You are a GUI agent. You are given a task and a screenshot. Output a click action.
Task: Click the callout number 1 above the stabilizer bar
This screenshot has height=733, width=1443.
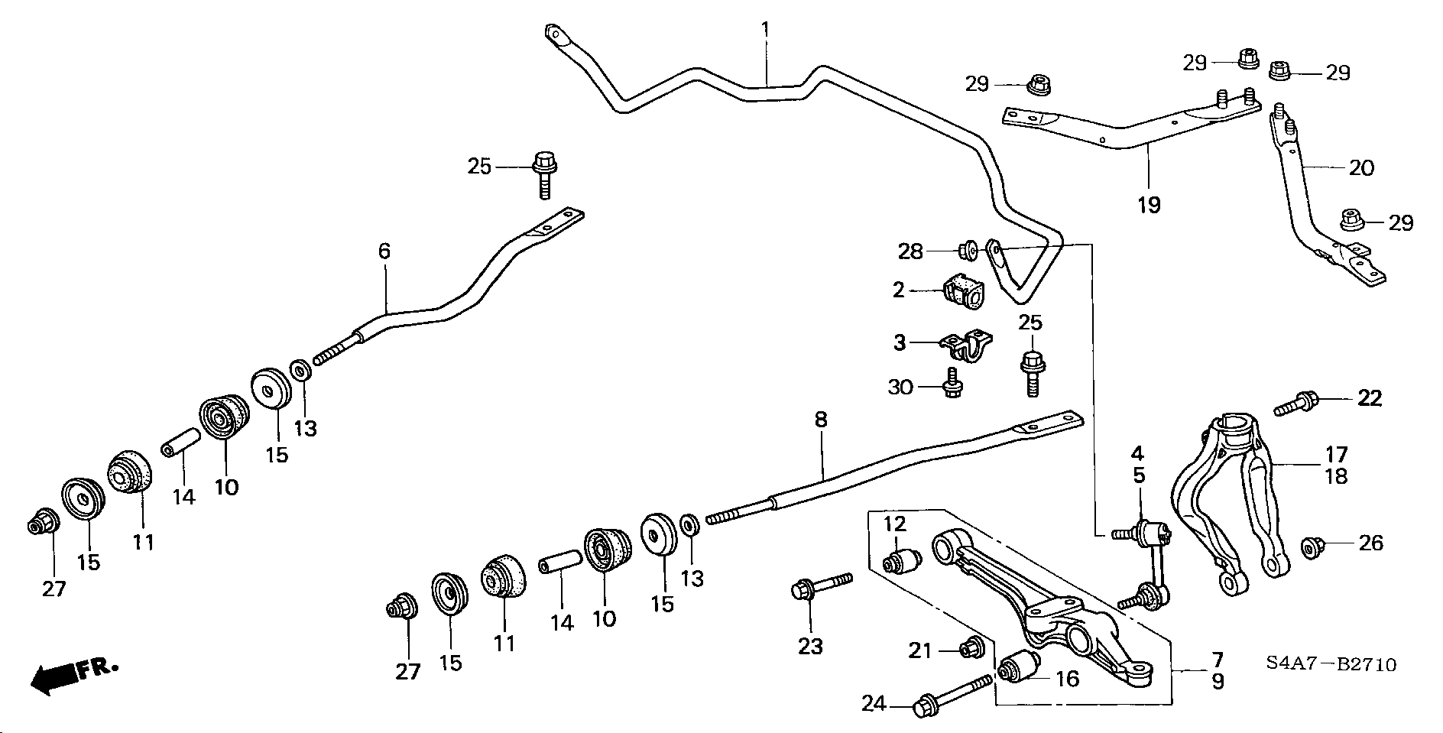[765, 31]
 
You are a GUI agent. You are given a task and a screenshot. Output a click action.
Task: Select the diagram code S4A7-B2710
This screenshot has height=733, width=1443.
[1334, 665]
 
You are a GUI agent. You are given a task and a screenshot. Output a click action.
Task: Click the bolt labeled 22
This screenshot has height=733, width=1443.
[1295, 403]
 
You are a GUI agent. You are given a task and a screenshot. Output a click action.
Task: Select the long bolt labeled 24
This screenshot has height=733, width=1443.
[953, 695]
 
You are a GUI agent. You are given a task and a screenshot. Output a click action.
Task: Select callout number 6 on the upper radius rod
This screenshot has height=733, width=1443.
[384, 250]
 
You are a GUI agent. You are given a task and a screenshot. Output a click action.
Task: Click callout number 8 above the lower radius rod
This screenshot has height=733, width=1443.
[821, 419]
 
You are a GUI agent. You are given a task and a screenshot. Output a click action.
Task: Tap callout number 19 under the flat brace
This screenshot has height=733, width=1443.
[1148, 204]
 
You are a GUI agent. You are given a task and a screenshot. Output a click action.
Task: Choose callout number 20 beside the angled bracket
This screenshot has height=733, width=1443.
[1362, 167]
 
